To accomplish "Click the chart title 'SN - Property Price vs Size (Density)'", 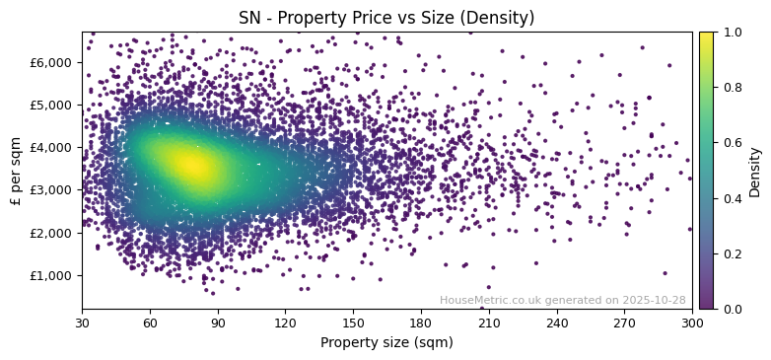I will click(386, 18).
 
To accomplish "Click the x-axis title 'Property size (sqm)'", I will click(386, 342).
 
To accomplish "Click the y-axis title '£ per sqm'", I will click(16, 171).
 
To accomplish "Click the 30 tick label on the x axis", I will click(82, 323).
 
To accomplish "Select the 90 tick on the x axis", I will click(218, 323).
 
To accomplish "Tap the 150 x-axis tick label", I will click(353, 323).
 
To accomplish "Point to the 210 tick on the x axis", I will click(489, 323).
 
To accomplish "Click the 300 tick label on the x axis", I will click(692, 323).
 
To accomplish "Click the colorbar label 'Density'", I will click(755, 171).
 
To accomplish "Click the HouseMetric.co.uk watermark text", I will click(562, 300).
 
